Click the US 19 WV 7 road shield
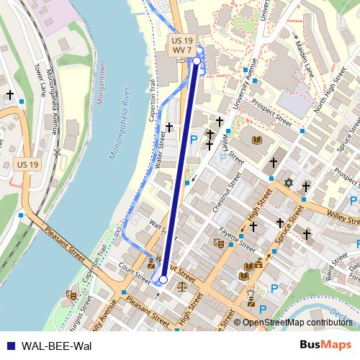(181, 45)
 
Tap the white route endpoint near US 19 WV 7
(197, 62)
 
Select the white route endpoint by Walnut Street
(163, 279)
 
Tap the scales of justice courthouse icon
(181, 286)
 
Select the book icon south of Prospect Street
(258, 138)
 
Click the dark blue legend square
(9, 345)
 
